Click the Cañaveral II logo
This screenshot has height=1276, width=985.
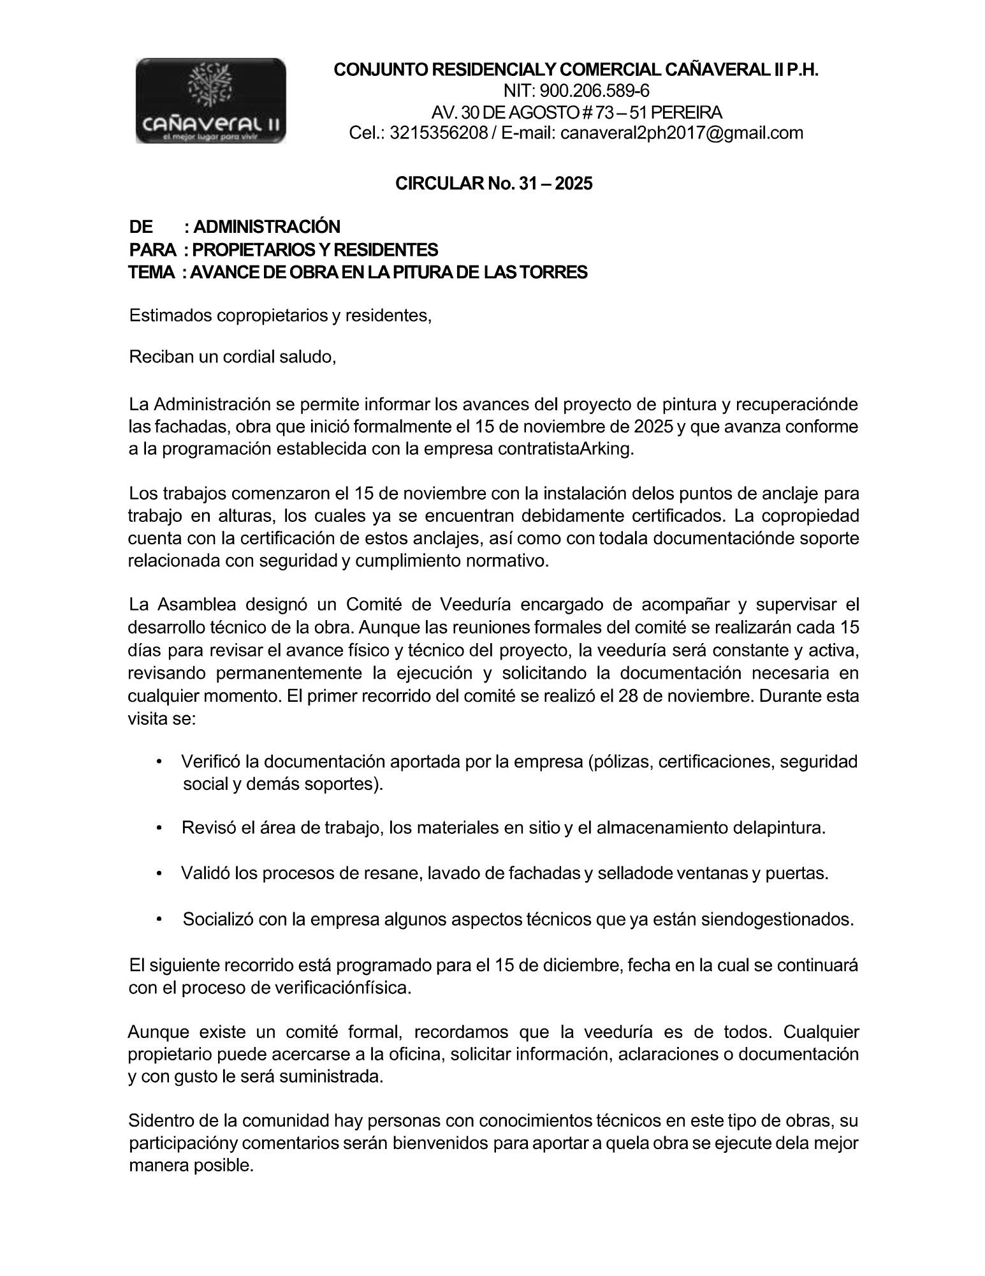pos(210,100)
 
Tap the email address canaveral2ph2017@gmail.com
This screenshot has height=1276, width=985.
pos(682,133)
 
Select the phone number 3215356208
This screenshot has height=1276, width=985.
pos(438,133)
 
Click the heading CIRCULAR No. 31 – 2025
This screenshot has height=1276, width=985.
pos(494,184)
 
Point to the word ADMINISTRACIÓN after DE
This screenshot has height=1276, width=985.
pos(266,226)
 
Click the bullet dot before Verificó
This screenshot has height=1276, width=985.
pos(159,762)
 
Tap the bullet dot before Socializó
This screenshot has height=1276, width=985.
pos(159,919)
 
